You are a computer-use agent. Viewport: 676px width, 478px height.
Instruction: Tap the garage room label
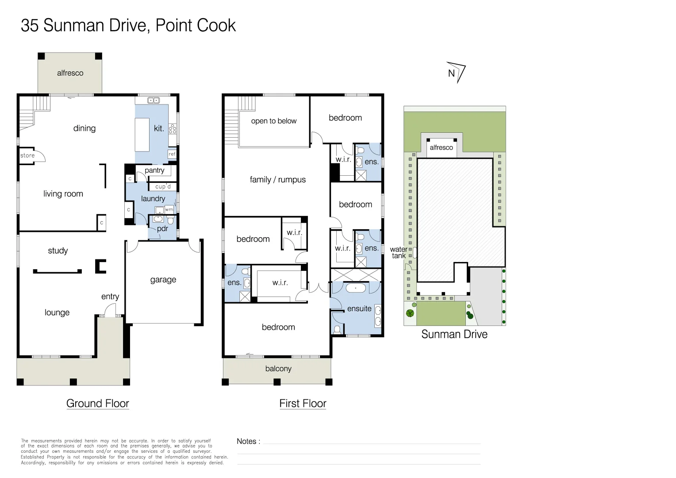[x=163, y=280]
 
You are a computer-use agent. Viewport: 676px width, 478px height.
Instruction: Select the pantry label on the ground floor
[x=154, y=170]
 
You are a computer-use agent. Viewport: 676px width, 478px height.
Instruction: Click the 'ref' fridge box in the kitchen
[x=172, y=154]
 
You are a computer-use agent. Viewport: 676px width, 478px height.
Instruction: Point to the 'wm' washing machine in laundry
[x=169, y=210]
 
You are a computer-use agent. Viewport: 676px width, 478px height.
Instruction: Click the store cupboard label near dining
[x=27, y=155]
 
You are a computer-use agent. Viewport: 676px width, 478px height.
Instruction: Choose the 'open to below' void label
[x=273, y=121]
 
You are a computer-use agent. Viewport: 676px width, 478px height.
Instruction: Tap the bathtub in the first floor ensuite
[x=356, y=288]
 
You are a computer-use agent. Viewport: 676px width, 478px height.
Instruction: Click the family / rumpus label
[x=277, y=180]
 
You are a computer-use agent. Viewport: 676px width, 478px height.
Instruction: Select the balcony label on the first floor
[x=278, y=369]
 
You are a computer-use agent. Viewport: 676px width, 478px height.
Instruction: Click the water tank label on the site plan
[x=399, y=252]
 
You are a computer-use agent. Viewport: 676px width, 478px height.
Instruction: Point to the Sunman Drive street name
[x=454, y=334]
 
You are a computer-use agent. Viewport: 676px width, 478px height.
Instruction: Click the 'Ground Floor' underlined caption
[x=97, y=403]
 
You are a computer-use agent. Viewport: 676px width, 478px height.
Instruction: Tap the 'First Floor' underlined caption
[x=303, y=403]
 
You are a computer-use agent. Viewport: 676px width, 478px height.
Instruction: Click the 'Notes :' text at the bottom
[x=248, y=441]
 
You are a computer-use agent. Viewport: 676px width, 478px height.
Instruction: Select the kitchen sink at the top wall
[x=154, y=100]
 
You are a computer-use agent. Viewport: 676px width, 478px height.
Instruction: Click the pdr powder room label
[x=162, y=229]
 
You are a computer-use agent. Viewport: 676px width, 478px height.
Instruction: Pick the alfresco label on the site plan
[x=441, y=147]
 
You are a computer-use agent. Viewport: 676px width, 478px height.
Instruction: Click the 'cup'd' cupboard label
[x=163, y=187]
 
